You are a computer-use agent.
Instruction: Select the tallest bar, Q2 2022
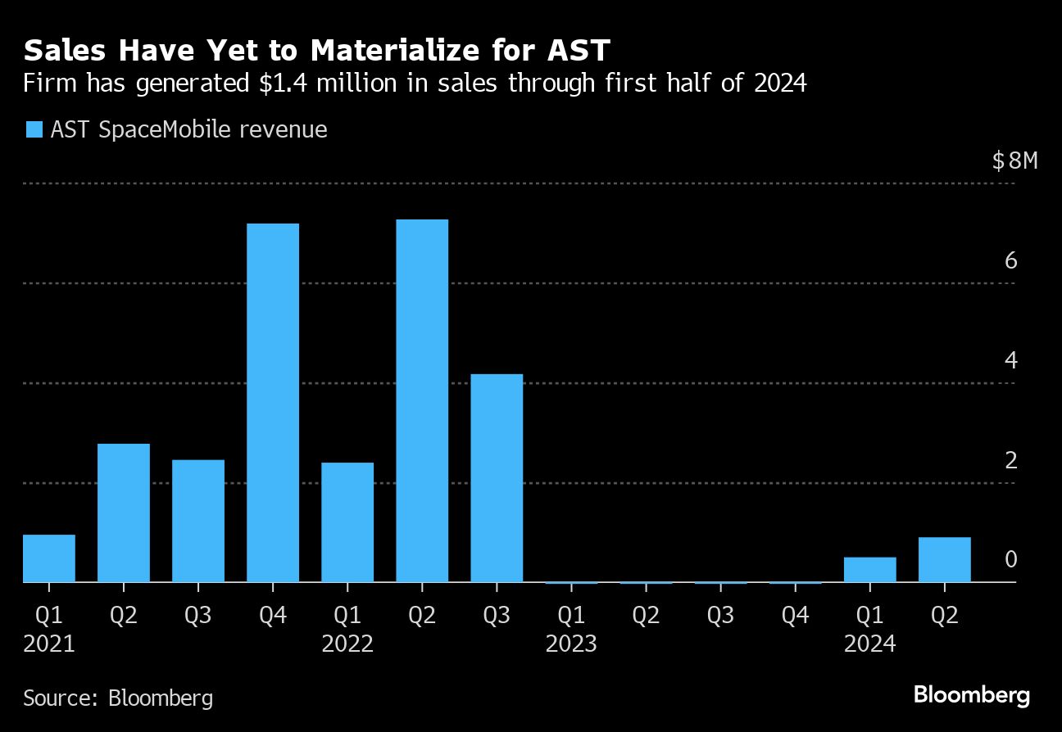(x=421, y=400)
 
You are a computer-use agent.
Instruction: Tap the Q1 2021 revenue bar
(x=49, y=558)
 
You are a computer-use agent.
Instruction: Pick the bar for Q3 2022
(x=496, y=478)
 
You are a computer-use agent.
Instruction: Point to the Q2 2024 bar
(x=944, y=560)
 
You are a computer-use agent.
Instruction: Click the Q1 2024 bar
(x=869, y=570)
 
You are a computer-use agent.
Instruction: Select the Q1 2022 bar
(x=347, y=522)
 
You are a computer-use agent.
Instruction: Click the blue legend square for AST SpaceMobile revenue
(x=33, y=129)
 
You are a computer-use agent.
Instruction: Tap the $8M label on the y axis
(x=1014, y=160)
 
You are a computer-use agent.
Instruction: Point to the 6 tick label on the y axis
(x=1010, y=261)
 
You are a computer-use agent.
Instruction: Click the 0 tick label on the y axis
(x=1010, y=560)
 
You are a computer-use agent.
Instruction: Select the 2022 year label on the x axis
(x=347, y=644)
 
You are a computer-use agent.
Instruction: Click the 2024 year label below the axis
(x=869, y=644)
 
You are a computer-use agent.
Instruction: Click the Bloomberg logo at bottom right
(x=971, y=696)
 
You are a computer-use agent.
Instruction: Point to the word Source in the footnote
(x=57, y=698)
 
